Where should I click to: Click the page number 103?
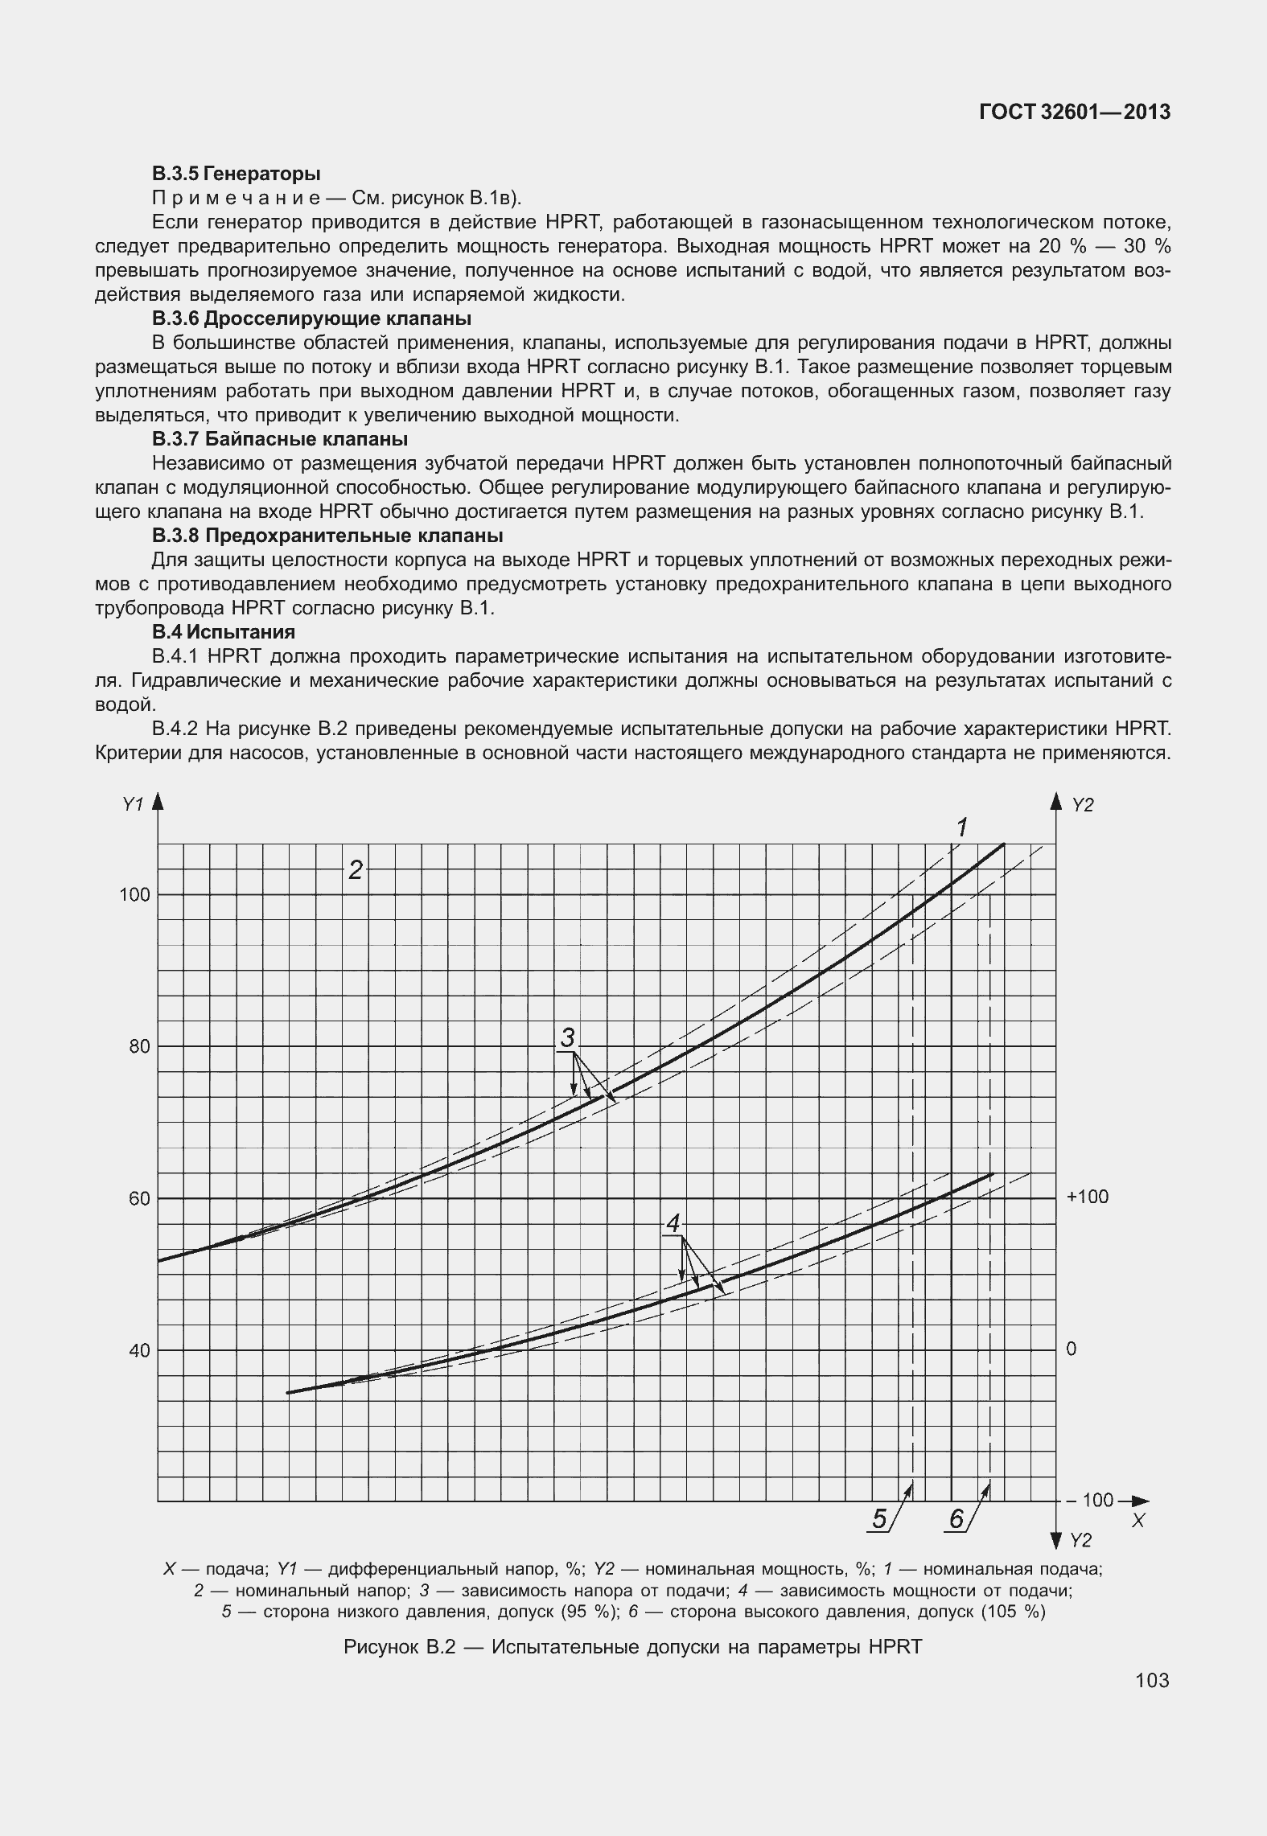coord(1153,1680)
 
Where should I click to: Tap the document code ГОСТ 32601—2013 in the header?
coord(1074,113)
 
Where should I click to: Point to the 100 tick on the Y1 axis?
coord(134,894)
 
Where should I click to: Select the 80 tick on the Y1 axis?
coord(139,1046)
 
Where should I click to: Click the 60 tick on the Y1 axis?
coord(139,1198)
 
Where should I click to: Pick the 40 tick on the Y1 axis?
coord(139,1350)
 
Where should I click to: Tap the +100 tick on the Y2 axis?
coord(1087,1197)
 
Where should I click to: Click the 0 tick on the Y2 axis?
coord(1072,1349)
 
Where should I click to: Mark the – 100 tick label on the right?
coord(1091,1500)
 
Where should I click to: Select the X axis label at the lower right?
coord(1137,1521)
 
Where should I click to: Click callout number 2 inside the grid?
coord(355,869)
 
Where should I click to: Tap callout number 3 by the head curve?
coord(568,1038)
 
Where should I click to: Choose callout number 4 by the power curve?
coord(673,1224)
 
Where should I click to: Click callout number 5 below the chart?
coord(879,1519)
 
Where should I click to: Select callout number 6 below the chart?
coord(956,1519)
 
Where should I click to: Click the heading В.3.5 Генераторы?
coord(237,173)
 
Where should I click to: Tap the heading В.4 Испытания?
coord(224,631)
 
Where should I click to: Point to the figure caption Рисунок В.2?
coord(632,1646)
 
